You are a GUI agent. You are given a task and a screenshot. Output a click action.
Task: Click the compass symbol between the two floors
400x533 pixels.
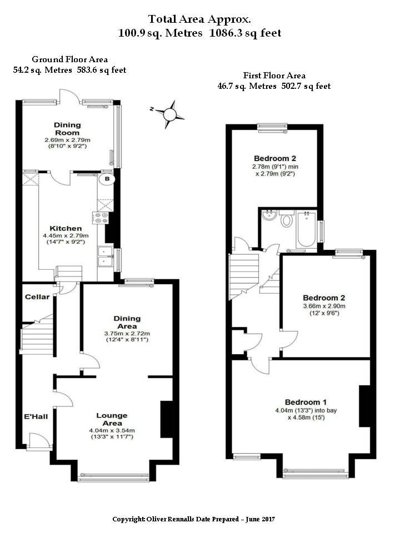tap(169, 114)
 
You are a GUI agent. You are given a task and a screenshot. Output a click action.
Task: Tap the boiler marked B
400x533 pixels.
tap(107, 179)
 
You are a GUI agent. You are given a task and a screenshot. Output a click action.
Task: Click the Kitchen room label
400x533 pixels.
tap(66, 228)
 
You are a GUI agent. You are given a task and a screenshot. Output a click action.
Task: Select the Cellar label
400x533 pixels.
tap(37, 296)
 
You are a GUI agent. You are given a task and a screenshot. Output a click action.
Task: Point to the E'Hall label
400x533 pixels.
tap(36, 416)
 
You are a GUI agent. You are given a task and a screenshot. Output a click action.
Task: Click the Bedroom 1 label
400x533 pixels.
tap(306, 402)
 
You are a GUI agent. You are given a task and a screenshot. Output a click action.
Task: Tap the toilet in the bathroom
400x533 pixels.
tap(287, 219)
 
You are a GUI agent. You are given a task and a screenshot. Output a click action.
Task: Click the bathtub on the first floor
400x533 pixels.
tap(307, 229)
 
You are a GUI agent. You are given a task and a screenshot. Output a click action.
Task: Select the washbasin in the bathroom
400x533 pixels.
tap(269, 215)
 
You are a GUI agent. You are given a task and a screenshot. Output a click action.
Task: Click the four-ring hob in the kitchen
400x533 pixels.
tap(101, 218)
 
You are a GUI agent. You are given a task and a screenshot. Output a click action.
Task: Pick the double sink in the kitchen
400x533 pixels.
tap(105, 257)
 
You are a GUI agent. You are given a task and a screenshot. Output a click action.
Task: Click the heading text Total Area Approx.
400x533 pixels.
tap(199, 19)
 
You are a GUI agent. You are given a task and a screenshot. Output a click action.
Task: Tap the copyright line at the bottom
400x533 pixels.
tap(193, 519)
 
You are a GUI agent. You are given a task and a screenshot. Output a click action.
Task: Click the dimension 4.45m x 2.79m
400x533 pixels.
tap(66, 235)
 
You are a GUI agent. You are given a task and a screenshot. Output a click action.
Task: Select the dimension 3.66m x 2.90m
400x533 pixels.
tap(324, 306)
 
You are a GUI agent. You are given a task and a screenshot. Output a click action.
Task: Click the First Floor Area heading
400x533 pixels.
tap(274, 75)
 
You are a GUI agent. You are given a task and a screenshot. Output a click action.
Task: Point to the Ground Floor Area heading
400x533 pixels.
tap(70, 59)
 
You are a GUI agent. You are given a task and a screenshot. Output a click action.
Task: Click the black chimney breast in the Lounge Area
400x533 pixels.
tap(167, 420)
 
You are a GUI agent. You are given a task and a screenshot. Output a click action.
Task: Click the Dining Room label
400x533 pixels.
tap(67, 129)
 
